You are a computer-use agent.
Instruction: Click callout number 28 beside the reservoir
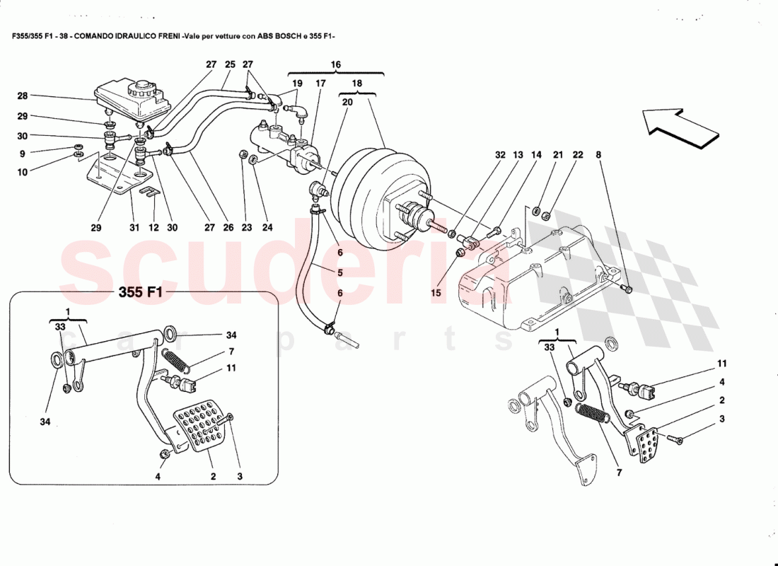click(23, 96)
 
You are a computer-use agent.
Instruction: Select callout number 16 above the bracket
click(336, 64)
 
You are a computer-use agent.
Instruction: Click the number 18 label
click(357, 83)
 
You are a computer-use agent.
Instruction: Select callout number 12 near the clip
click(153, 228)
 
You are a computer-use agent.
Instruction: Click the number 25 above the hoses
click(230, 64)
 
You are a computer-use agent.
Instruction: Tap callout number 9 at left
click(23, 154)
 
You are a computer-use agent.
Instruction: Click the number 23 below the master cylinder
click(246, 228)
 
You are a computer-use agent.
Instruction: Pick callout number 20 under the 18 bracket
click(347, 102)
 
